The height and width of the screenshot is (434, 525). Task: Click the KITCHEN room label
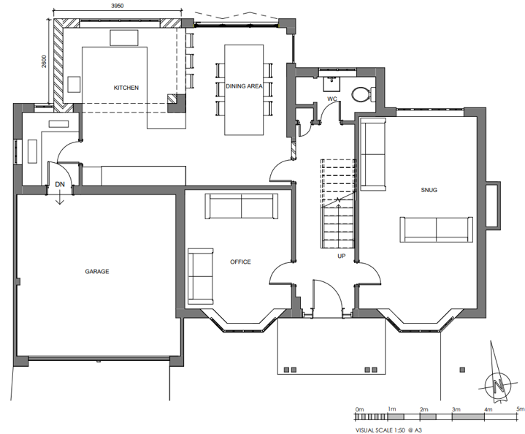click(126, 88)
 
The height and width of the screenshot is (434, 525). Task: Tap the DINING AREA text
click(244, 86)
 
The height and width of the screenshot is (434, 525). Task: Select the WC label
click(332, 98)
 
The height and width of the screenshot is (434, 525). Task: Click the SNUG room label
click(429, 191)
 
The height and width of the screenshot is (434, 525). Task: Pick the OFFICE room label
click(240, 262)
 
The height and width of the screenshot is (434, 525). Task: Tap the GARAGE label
click(96, 271)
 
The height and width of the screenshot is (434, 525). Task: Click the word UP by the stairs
click(341, 257)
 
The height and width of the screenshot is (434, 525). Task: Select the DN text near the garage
click(60, 185)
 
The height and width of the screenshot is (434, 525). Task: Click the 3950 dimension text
click(117, 7)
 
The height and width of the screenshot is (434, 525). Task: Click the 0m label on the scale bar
click(359, 409)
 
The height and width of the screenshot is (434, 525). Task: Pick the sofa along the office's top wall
click(241, 207)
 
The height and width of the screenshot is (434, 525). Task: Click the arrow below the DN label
click(60, 197)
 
